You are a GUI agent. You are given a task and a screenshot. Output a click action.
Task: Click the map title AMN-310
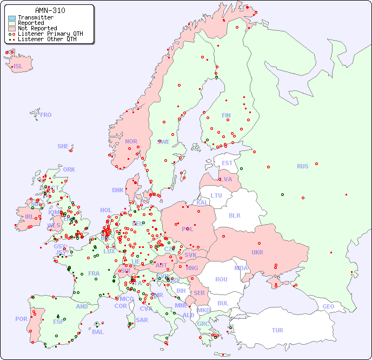click(x=50, y=10)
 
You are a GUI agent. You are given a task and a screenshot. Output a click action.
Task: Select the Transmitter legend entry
click(x=35, y=17)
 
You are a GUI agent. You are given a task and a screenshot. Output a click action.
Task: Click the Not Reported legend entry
click(x=37, y=28)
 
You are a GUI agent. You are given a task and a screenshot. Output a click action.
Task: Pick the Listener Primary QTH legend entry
click(x=50, y=34)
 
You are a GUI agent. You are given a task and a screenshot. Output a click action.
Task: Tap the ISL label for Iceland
click(x=18, y=67)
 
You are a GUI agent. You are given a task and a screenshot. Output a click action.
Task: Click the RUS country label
click(x=302, y=166)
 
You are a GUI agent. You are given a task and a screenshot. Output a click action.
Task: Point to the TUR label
click(x=277, y=330)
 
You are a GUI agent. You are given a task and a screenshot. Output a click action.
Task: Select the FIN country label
click(x=226, y=115)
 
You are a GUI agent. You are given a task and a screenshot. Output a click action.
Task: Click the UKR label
click(x=257, y=252)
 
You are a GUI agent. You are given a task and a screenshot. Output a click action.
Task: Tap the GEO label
click(x=328, y=306)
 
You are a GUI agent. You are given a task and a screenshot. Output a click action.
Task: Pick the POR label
click(x=21, y=319)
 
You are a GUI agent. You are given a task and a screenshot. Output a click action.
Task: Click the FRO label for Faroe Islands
click(x=46, y=115)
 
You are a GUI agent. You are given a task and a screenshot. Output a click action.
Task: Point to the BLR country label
click(x=234, y=215)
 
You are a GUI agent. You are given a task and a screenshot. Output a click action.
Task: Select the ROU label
click(x=221, y=279)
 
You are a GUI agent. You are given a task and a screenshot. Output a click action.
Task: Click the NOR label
click(x=131, y=141)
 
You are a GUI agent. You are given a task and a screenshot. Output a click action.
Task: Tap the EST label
click(x=227, y=163)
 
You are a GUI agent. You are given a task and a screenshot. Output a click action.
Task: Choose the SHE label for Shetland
click(x=63, y=146)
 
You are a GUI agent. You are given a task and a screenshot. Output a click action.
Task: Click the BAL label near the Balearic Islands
click(x=97, y=332)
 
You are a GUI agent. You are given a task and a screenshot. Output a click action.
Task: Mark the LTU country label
click(x=216, y=195)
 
